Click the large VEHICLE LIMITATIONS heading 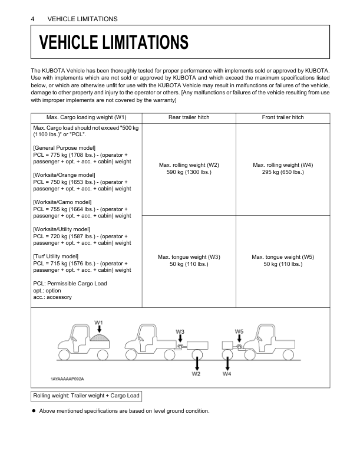[x=114, y=42]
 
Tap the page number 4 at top [x=32, y=19]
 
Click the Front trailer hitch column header [x=283, y=117]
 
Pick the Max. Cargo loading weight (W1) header [x=87, y=117]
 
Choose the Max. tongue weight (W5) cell [x=283, y=261]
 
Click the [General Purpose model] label [x=65, y=147]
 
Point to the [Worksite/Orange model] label [x=64, y=175]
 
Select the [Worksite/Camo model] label [x=62, y=202]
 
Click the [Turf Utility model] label [x=56, y=256]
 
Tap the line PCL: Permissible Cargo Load [x=70, y=284]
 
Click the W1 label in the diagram [x=99, y=323]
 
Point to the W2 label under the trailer [x=196, y=373]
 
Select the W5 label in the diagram [x=239, y=332]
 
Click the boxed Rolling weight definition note [x=87, y=396]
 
